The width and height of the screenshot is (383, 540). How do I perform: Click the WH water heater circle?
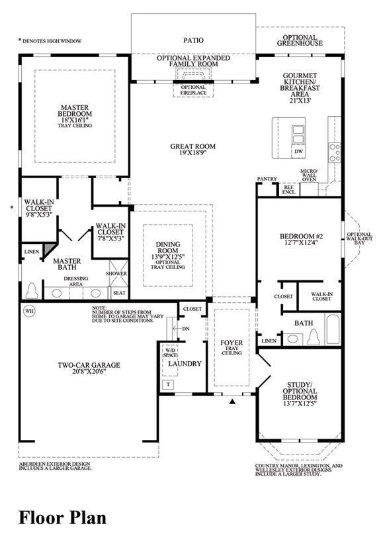(30, 311)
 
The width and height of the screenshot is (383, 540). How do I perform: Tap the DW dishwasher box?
(298, 151)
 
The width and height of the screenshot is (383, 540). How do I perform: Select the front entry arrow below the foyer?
(232, 402)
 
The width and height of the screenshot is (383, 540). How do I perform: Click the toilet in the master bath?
(32, 291)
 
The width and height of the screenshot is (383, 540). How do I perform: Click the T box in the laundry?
(168, 384)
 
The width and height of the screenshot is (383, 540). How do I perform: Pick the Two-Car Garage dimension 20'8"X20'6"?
(89, 372)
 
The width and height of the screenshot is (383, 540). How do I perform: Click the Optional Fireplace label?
(194, 90)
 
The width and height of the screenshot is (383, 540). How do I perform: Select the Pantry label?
(267, 179)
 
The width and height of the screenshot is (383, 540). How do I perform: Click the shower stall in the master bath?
(118, 274)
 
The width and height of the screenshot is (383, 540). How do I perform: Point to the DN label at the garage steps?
(186, 329)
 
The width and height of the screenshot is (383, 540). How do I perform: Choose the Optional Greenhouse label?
(300, 40)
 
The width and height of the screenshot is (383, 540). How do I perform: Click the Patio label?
(193, 40)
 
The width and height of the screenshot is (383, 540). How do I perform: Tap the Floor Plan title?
(63, 518)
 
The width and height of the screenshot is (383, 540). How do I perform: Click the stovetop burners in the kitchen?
(335, 153)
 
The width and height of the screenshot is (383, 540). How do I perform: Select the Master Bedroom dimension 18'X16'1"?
(75, 119)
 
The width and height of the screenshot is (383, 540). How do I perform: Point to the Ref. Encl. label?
(289, 189)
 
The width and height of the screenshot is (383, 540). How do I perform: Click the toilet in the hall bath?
(314, 337)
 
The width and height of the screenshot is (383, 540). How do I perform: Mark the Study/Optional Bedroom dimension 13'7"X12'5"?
(300, 403)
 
